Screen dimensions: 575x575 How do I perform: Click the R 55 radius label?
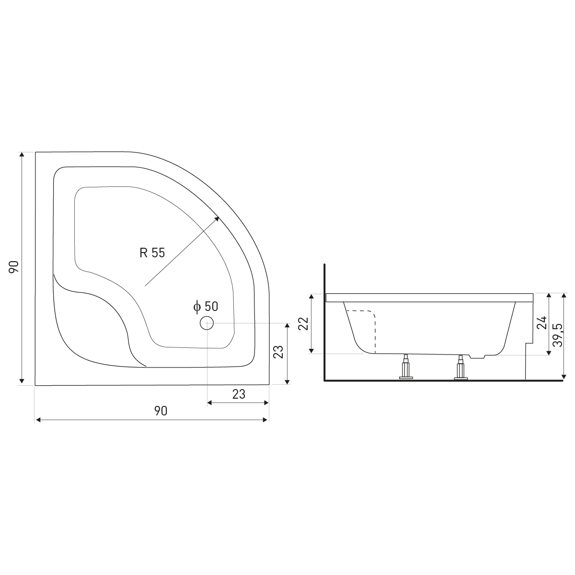[x=152, y=253]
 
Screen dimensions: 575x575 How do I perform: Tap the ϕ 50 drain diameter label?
[x=206, y=307]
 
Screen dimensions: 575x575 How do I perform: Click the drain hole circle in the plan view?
[x=207, y=323]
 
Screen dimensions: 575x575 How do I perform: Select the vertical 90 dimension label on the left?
[x=14, y=267]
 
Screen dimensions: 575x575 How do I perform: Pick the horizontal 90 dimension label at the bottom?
[x=161, y=411]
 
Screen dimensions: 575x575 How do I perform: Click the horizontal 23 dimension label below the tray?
[x=239, y=394]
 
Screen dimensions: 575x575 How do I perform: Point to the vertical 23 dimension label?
[x=278, y=352]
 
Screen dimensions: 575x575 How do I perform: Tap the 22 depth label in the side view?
[x=303, y=324]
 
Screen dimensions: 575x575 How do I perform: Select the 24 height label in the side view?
[x=542, y=322]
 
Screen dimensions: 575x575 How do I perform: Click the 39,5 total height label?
[x=557, y=335]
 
